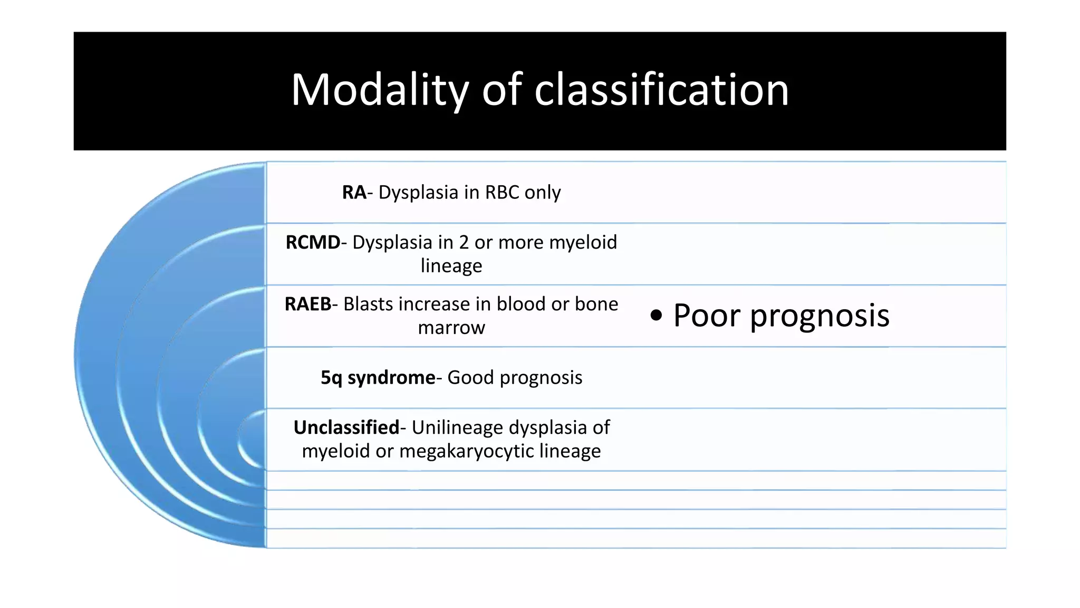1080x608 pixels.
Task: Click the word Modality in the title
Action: [380, 90]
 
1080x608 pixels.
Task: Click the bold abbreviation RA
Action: [354, 193]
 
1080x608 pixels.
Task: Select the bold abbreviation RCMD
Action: [313, 243]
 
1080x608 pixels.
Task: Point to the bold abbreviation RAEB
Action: [308, 305]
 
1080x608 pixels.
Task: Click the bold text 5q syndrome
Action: [378, 378]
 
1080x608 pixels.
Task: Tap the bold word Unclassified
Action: [346, 427]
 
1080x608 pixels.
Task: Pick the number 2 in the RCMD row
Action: [464, 243]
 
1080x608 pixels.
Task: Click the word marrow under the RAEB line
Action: [451, 328]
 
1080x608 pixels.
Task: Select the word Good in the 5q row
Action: [470, 378]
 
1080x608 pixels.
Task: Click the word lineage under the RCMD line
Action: [451, 266]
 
